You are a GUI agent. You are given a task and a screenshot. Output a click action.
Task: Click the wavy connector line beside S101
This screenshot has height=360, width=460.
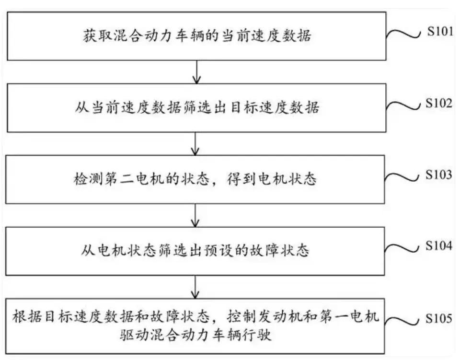click(404, 34)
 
